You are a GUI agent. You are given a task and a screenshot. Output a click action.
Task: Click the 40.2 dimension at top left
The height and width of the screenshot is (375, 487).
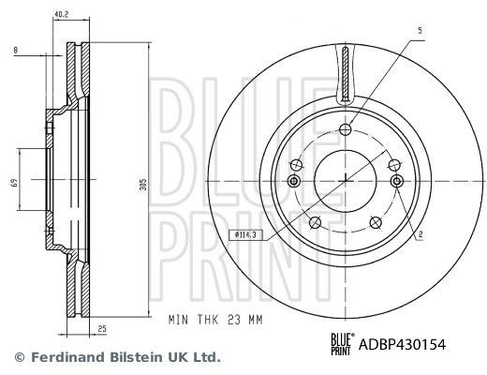coord(61,14)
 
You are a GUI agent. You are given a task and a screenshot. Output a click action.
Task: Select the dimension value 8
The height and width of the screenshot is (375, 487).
coord(16,50)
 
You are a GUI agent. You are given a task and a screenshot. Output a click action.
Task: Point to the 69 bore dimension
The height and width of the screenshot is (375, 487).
coord(14,182)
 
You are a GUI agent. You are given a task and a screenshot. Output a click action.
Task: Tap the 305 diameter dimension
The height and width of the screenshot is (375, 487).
coord(143,185)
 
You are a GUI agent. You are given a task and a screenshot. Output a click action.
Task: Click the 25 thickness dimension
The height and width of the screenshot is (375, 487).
coord(102,329)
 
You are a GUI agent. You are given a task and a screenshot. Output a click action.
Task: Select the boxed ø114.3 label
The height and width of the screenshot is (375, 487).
coord(245,234)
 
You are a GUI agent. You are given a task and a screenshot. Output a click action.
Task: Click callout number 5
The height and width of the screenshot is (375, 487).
coord(420,31)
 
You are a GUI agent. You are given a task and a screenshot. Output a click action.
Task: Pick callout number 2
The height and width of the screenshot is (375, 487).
coord(421,234)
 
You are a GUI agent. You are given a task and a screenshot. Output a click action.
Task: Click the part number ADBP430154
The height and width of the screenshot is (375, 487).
coord(403,345)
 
